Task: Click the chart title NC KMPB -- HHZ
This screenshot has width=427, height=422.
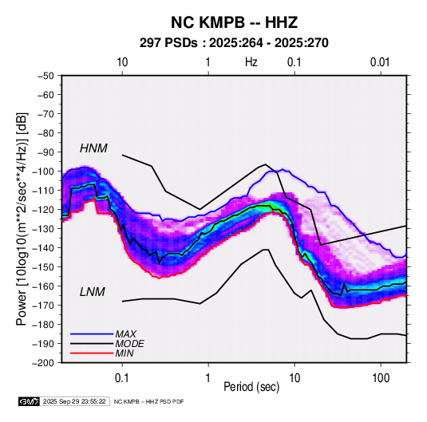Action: pos(234,22)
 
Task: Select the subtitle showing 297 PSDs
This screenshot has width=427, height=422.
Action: pos(234,43)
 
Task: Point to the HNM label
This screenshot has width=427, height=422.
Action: pos(93,148)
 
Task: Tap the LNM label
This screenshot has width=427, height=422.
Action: pos(93,292)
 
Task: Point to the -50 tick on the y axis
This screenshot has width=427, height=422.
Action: pos(45,76)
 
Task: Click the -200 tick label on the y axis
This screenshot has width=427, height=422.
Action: pos(44,363)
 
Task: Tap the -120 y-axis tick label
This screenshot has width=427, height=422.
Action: pos(44,210)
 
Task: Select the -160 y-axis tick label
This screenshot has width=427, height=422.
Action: pos(44,286)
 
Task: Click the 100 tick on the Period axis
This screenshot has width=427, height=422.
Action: pos(381,378)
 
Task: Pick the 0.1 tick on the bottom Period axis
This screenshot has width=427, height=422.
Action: pos(122,378)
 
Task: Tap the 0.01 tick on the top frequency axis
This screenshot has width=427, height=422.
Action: pos(380,62)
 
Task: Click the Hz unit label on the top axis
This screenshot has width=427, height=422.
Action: pos(251,62)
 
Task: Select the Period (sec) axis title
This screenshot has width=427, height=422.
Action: pos(251,386)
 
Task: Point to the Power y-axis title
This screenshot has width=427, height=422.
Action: pos(22,219)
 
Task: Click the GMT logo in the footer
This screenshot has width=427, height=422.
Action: pos(30,401)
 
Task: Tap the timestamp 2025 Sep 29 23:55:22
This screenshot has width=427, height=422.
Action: pos(74,401)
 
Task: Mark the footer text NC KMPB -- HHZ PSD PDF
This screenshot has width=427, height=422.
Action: pos(148,402)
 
